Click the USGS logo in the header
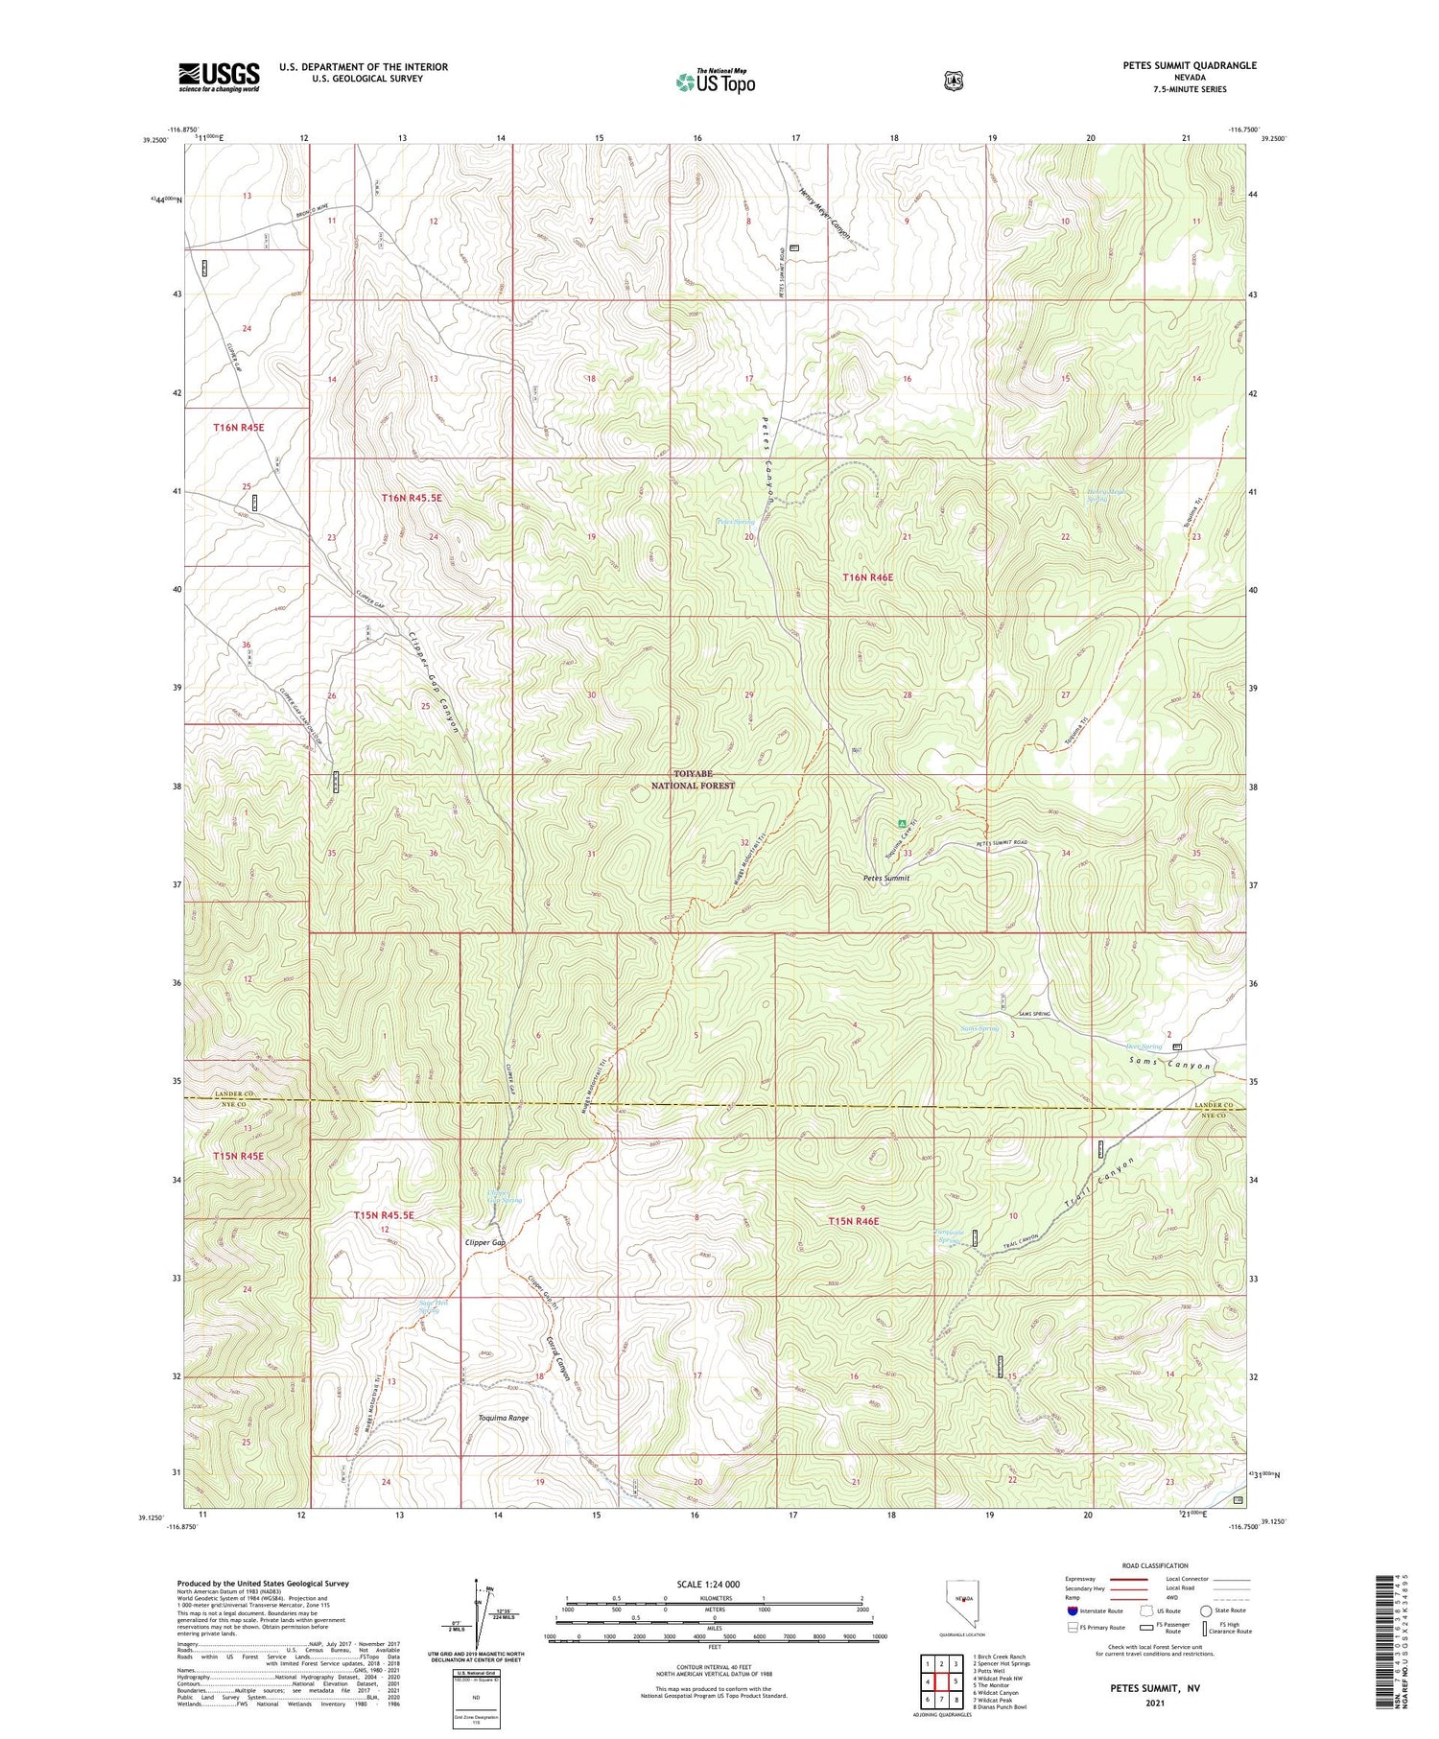tap(219, 77)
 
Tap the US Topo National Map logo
tap(715, 82)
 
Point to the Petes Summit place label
tap(885, 878)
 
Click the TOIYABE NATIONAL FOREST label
tap(693, 779)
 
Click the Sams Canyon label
tap(1170, 1065)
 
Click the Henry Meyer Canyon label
tap(824, 213)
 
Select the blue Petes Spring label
tap(736, 522)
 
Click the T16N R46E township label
tap(867, 576)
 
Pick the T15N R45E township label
tap(238, 1156)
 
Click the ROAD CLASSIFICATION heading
tap(1155, 1565)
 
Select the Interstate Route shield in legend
tap(1072, 1610)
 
